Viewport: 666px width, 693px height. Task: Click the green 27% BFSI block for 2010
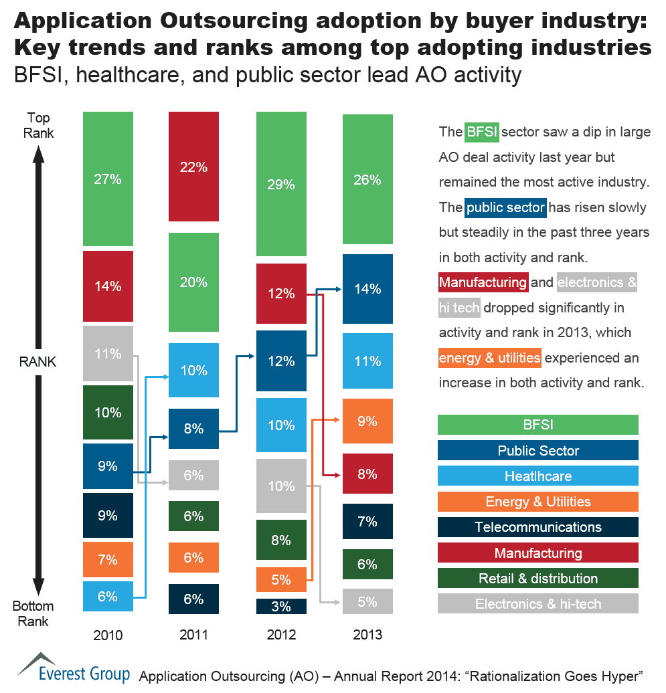click(x=108, y=179)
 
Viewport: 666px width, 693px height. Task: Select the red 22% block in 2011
click(x=193, y=167)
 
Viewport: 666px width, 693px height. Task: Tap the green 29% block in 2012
click(x=281, y=184)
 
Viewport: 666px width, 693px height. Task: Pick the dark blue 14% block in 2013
click(x=367, y=289)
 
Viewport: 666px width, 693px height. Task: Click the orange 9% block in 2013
click(x=367, y=421)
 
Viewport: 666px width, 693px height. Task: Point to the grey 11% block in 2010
click(x=108, y=353)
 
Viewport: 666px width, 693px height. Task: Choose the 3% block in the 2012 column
click(x=281, y=607)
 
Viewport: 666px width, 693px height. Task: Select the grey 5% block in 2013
click(x=367, y=601)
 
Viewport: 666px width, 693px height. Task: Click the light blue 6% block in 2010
click(x=108, y=596)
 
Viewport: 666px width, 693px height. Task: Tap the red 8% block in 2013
click(x=367, y=474)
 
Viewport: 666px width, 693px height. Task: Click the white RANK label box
click(x=37, y=362)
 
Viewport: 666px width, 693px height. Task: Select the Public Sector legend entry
click(x=537, y=450)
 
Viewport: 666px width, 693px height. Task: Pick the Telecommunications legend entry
click(x=537, y=527)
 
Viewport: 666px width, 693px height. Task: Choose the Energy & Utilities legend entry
click(x=537, y=502)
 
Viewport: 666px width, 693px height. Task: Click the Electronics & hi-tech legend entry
click(x=537, y=604)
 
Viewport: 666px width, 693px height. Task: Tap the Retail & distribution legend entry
click(x=537, y=579)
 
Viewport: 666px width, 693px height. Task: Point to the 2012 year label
click(x=281, y=633)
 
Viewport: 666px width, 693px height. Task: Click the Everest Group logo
click(x=74, y=669)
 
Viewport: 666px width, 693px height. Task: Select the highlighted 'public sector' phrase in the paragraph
click(x=505, y=207)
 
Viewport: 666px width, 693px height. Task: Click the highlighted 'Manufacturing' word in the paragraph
click(x=483, y=282)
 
